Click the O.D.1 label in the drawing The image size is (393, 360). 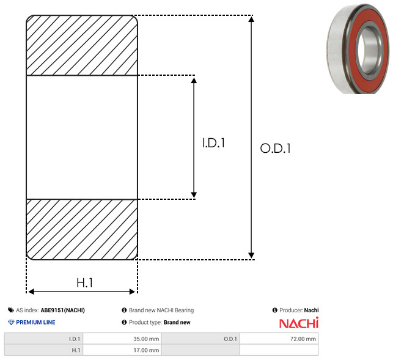point(275,148)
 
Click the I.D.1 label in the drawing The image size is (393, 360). point(213,143)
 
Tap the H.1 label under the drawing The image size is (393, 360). point(85,283)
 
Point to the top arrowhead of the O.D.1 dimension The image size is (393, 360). point(251,19)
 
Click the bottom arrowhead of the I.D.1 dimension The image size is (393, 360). point(194,195)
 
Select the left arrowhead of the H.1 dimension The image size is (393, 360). point(31,292)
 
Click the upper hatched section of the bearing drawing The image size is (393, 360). point(82,45)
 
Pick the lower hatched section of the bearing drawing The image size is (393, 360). point(82,229)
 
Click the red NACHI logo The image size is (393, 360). point(299,323)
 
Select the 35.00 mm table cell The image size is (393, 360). point(122,339)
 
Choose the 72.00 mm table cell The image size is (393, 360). point(279,339)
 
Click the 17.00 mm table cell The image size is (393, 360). point(122,350)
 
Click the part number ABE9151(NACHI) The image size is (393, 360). point(63,310)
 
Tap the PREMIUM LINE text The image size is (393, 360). point(35,322)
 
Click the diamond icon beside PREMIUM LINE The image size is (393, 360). point(11,322)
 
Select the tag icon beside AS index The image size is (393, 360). point(11,310)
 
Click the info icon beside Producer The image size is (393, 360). point(274,310)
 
